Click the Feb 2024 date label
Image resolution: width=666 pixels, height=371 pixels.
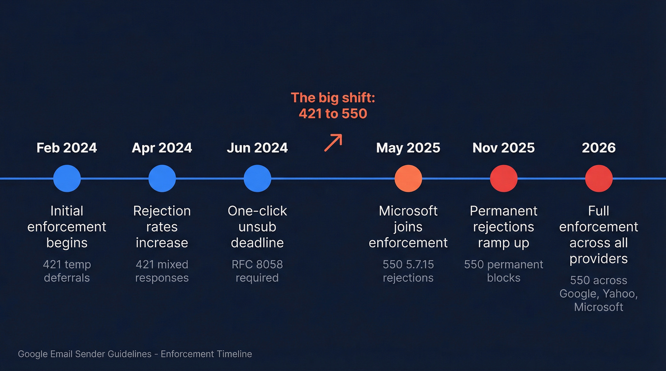pos(67,148)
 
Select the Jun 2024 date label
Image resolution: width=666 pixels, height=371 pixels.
pos(257,148)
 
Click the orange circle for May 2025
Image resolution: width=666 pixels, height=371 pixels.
pos(408,179)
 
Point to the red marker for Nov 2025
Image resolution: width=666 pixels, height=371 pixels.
pos(503,179)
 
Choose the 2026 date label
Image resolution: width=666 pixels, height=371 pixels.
pos(598,148)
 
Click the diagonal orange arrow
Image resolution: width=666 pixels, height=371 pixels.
pos(333,143)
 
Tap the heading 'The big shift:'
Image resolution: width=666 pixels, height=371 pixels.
pos(333,98)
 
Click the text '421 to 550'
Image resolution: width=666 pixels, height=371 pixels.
pos(333,114)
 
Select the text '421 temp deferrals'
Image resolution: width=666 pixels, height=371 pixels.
pos(67,271)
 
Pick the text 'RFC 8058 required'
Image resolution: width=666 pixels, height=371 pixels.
pos(257,271)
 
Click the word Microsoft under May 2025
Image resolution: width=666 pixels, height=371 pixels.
pos(408,211)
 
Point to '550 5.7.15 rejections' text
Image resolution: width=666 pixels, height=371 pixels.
pos(408,271)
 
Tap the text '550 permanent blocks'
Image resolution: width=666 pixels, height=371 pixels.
pos(503,271)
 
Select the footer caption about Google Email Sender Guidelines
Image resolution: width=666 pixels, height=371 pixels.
pos(135,354)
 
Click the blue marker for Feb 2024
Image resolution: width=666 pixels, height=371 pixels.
pos(67,179)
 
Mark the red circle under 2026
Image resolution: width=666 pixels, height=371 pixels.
pos(598,179)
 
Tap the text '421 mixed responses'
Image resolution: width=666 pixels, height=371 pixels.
pos(162,271)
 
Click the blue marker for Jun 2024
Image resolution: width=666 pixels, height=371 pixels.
pos(257,179)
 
